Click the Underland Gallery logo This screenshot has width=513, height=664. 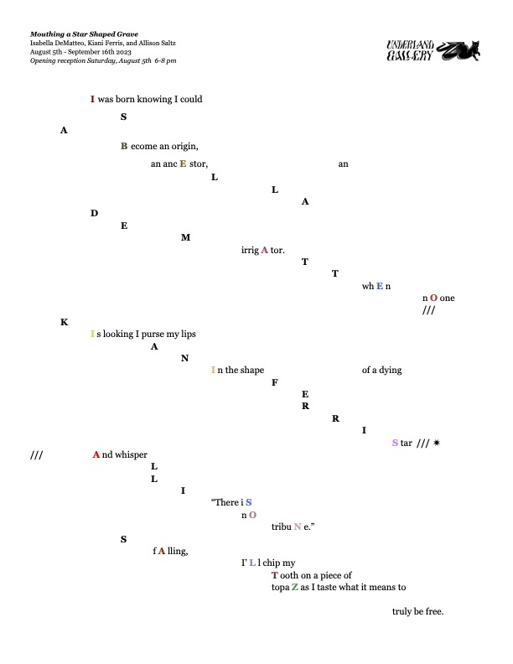click(433, 51)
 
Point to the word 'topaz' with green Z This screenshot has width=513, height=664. click(285, 587)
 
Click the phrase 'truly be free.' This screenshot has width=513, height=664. click(417, 610)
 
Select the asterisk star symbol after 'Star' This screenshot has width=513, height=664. click(437, 443)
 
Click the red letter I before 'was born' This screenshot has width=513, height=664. click(92, 99)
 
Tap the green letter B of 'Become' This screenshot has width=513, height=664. click(124, 146)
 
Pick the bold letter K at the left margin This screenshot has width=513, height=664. click(64, 322)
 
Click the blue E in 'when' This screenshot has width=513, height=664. click(379, 286)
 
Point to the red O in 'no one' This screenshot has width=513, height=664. click(433, 298)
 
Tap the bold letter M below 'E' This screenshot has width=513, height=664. click(185, 237)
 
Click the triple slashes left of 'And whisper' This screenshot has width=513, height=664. click(36, 455)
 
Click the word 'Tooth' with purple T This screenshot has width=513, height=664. click(286, 575)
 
